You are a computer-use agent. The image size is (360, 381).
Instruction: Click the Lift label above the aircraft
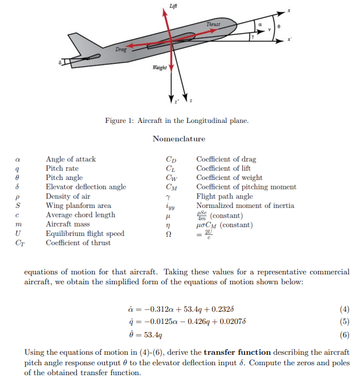coord(173,5)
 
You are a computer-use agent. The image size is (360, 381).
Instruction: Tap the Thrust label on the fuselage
coord(214,24)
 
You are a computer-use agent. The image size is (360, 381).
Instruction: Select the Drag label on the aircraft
coord(121,50)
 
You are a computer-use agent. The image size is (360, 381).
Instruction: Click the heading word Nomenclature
coord(179,139)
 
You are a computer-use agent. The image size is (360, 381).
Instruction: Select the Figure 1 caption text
coord(177,121)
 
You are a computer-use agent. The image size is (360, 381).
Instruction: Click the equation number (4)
coord(344,309)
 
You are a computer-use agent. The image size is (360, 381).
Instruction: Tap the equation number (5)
coord(344,321)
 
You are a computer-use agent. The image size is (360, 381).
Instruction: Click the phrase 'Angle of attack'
coord(71,159)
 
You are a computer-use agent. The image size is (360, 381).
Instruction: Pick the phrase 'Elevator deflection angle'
coord(86,187)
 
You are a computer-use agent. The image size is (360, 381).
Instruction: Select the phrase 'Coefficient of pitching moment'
coord(246,187)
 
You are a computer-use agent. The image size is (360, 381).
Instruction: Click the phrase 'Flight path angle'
coord(224,196)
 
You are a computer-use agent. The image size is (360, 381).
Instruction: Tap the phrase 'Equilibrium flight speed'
coord(85,234)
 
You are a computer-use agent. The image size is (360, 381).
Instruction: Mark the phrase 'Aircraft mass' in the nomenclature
coord(68,224)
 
